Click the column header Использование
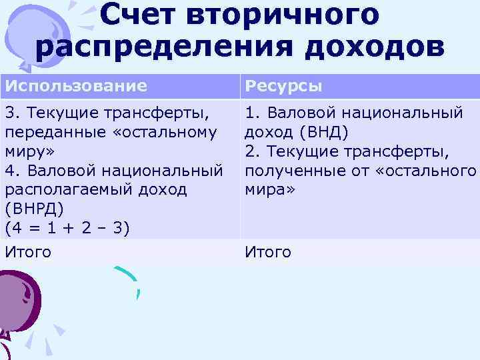(76, 86)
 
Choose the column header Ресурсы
(284, 86)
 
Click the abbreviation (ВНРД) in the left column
(34, 209)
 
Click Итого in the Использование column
(28, 252)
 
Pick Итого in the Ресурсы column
(268, 252)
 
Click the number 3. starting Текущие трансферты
(11, 113)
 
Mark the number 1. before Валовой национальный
(251, 113)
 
